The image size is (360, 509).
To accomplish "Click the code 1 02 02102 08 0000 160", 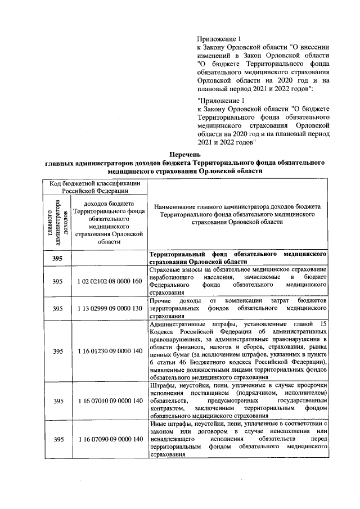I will pos(110,281).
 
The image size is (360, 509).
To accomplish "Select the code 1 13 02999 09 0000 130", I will pos(110,309).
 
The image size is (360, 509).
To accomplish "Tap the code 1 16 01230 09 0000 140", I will pos(110,352).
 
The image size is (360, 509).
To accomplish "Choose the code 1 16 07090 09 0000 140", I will pos(110,439).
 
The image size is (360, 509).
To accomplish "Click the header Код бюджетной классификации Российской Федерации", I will pos(94,187).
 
